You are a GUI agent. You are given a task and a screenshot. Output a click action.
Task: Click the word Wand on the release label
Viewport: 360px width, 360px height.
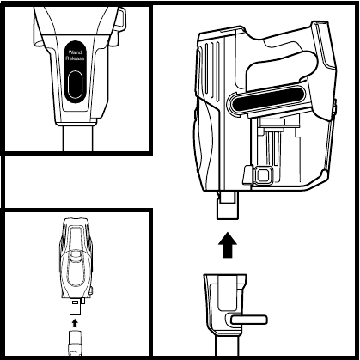coord(75,52)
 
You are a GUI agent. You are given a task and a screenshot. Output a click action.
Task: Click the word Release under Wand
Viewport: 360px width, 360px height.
coord(75,58)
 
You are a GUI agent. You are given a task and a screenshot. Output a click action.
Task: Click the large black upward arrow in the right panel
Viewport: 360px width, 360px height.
coord(228,245)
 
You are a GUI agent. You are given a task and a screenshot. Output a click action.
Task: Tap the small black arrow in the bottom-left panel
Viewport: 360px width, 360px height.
coord(75,323)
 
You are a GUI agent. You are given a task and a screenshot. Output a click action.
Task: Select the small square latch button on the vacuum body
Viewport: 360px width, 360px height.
coord(262,174)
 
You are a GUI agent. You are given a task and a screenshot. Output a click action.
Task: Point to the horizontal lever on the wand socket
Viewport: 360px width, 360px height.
coord(249,320)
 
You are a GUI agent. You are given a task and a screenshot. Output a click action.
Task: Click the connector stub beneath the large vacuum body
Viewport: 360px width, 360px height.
coord(228,205)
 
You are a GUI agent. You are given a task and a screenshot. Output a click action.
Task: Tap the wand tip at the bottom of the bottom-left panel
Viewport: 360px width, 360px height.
coord(76,342)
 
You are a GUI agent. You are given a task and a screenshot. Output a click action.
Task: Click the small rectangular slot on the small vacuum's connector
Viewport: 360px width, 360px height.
coord(76,302)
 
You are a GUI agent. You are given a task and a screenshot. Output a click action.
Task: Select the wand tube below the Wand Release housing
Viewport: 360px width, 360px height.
coord(78,138)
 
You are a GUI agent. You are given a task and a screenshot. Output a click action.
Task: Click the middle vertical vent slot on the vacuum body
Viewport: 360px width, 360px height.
coord(212,71)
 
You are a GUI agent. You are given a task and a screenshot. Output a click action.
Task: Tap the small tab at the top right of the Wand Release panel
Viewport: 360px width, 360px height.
coord(120,20)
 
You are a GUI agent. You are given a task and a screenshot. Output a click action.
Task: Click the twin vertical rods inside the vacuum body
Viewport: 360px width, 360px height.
coord(272,148)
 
